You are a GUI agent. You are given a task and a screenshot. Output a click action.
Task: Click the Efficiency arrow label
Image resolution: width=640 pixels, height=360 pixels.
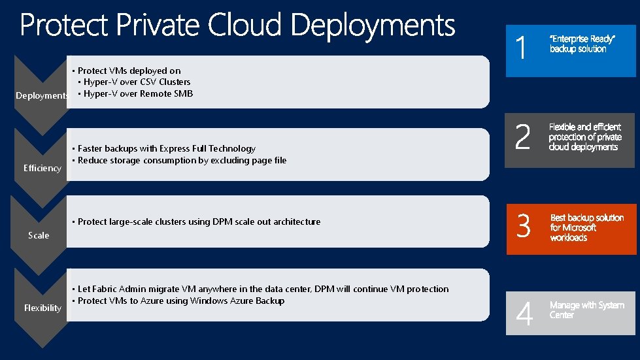[x=42, y=168]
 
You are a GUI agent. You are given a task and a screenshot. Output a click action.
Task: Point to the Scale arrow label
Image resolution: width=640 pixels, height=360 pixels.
[x=39, y=235]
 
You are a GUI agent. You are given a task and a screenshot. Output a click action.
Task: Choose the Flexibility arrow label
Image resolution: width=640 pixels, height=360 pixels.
[x=42, y=308]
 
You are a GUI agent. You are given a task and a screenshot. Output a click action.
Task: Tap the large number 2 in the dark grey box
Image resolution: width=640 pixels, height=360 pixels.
[x=522, y=138]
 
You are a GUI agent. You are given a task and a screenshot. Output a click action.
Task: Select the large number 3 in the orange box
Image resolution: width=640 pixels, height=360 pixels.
[x=523, y=227]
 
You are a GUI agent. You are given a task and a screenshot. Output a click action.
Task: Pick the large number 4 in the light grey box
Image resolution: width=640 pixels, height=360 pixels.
[x=524, y=314]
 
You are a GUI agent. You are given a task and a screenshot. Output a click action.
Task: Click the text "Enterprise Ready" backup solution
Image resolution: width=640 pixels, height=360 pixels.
[x=581, y=44]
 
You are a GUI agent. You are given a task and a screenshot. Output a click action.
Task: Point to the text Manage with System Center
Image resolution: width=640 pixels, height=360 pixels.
[x=586, y=310]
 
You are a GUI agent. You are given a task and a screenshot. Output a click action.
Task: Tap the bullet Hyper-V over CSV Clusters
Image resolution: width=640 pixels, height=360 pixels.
[x=137, y=82]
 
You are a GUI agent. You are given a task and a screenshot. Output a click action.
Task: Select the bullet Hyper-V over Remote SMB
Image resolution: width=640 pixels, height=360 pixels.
[x=138, y=93]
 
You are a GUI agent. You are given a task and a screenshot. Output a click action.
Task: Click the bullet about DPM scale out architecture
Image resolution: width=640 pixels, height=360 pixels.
[x=199, y=221]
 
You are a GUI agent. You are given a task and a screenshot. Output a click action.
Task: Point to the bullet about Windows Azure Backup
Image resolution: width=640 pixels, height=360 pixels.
[x=181, y=301]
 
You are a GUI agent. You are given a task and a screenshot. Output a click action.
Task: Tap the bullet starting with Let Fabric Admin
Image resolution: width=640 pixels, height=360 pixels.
[x=263, y=289]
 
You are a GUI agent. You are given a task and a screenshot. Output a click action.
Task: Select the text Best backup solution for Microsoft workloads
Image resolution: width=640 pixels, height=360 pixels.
[x=586, y=227]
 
